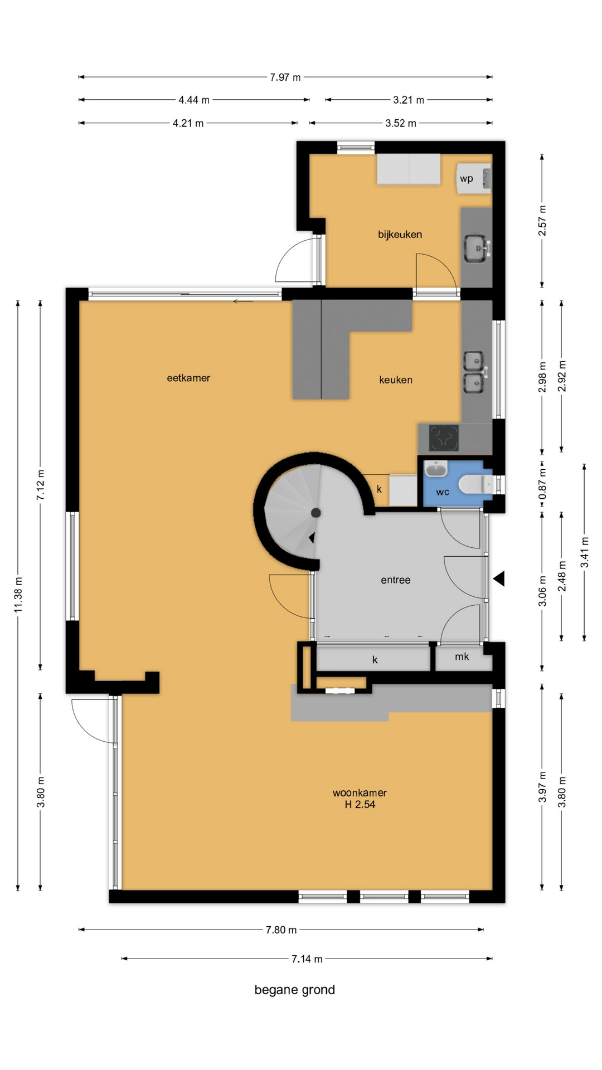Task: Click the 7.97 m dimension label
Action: (285, 77)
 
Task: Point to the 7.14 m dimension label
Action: (307, 959)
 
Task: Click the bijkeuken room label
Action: (400, 235)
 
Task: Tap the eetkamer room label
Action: (188, 378)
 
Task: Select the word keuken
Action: (396, 380)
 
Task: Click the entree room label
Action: (396, 580)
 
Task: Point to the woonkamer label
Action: (360, 792)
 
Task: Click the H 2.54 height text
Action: (360, 804)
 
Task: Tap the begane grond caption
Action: (295, 990)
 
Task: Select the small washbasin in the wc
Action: (435, 469)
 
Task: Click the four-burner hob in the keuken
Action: (444, 438)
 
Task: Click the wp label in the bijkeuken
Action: (467, 179)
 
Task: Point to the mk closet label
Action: (462, 656)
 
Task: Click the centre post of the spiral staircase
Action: (315, 513)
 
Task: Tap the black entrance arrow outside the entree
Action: (499, 578)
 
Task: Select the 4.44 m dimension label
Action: (194, 100)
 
